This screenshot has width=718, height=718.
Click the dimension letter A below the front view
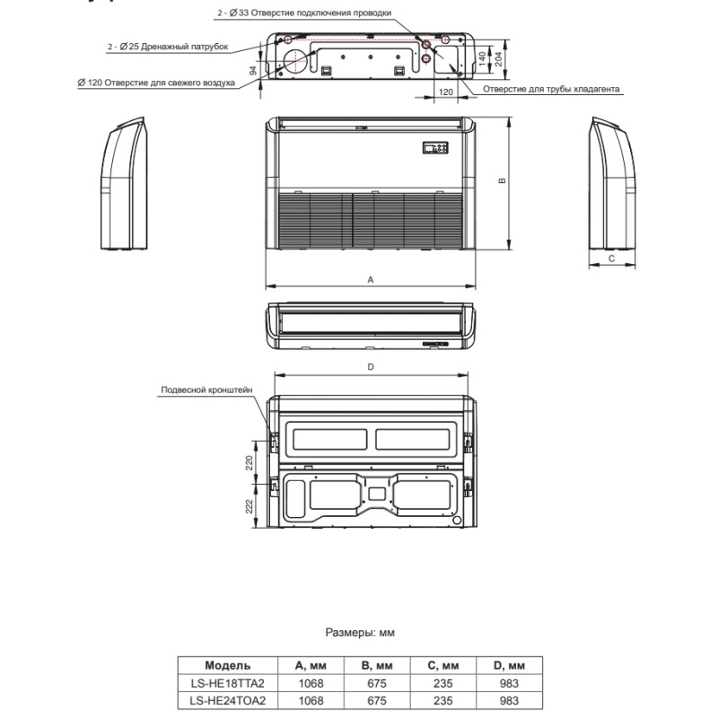pyautogui.click(x=370, y=280)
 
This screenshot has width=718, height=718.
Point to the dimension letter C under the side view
pyautogui.click(x=611, y=258)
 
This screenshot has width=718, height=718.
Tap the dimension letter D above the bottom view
pyautogui.click(x=370, y=366)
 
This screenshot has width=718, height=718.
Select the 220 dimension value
pyautogui.click(x=249, y=461)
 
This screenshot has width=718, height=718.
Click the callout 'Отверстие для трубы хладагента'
pyautogui.click(x=552, y=89)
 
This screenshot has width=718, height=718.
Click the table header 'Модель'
pyautogui.click(x=221, y=666)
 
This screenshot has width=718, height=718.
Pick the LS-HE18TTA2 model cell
pyautogui.click(x=221, y=683)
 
